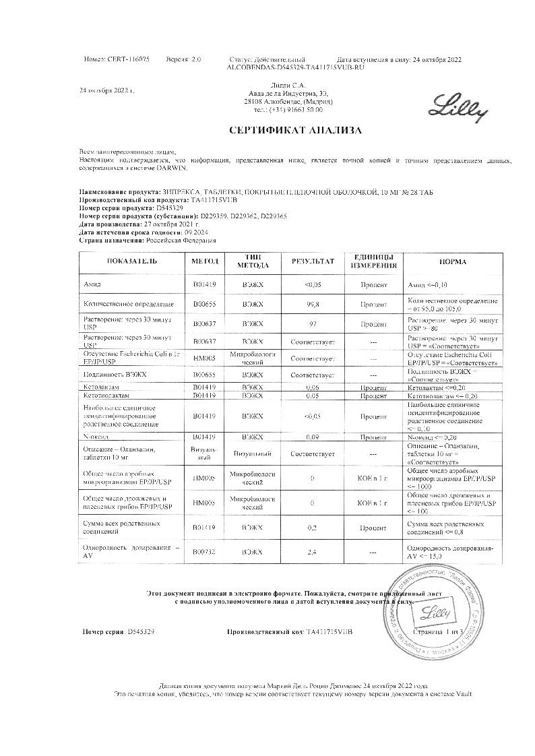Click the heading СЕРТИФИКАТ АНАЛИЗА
(295, 130)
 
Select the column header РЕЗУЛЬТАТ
(313, 261)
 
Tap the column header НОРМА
(453, 261)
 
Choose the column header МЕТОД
(205, 261)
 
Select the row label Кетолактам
(102, 387)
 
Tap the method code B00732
(204, 552)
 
